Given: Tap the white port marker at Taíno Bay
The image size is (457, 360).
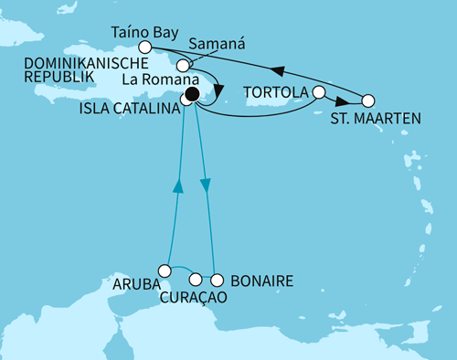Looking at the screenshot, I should [143, 47].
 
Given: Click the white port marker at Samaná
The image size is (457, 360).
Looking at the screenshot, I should [185, 66].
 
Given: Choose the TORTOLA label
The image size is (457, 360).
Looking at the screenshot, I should [277, 92].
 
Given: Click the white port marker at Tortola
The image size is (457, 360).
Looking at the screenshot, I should [319, 92].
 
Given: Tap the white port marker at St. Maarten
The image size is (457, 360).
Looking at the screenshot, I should [368, 101].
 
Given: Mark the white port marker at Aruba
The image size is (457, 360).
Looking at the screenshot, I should [165, 270].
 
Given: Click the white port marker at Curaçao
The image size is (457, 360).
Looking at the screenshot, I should [195, 280].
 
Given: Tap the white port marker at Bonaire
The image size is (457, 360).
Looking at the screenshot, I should [218, 280].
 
